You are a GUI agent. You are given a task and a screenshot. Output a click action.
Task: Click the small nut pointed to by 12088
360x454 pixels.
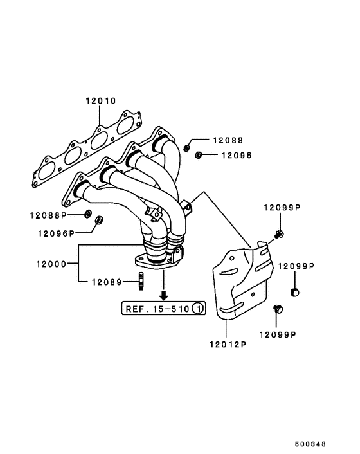point(186,147)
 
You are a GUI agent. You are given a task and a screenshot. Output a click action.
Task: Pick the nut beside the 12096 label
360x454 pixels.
point(199,154)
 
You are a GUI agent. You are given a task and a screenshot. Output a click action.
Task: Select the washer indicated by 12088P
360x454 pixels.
point(87,213)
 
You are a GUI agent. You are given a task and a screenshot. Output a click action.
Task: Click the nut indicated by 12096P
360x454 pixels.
point(100,222)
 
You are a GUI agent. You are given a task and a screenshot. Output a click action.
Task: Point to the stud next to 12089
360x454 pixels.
point(140,281)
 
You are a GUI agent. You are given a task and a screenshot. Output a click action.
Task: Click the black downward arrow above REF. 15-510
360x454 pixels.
point(164,295)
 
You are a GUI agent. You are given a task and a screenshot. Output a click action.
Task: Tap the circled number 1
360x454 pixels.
point(199,309)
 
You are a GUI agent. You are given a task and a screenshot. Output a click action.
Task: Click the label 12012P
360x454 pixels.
point(226,344)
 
